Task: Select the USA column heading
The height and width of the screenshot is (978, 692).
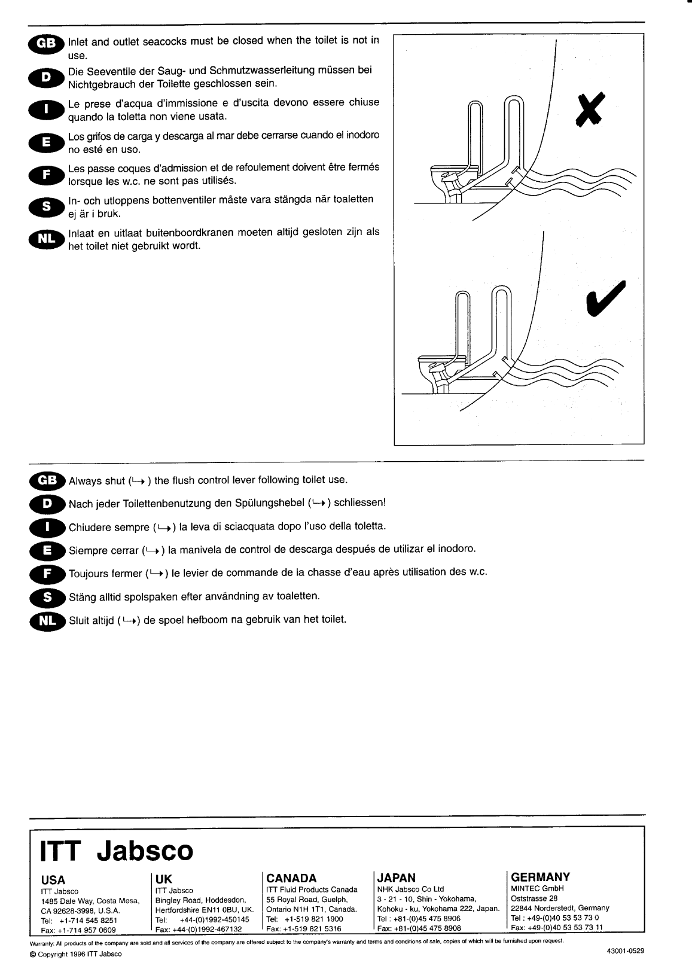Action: pos(53,880)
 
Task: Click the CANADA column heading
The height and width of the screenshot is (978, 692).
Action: pos(291,878)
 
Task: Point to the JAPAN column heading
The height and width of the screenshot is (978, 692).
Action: pos(396,878)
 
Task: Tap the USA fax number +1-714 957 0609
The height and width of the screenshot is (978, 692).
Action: pos(78,930)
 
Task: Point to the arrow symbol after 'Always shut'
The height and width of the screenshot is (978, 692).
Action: pos(138,481)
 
